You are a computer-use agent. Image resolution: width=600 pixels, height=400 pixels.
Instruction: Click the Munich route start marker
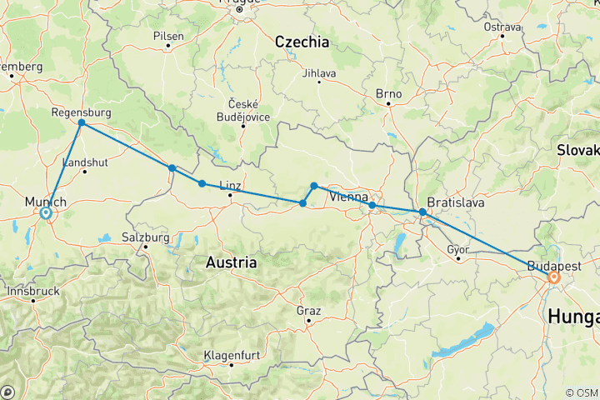click(x=46, y=213)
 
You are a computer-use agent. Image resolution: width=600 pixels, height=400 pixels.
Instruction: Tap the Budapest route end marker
click(x=553, y=277)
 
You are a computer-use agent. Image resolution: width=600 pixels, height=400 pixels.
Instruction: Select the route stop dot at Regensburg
click(x=81, y=123)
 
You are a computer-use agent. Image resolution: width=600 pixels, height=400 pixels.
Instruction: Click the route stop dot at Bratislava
click(x=422, y=212)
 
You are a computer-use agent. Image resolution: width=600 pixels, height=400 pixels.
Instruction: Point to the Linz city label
click(x=229, y=184)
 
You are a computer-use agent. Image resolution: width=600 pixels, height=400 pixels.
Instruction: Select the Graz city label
click(x=308, y=310)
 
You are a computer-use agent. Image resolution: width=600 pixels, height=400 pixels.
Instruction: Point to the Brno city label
click(x=388, y=93)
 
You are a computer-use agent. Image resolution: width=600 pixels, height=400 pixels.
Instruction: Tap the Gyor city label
click(x=458, y=248)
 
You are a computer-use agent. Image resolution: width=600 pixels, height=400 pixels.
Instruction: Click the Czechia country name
click(x=302, y=42)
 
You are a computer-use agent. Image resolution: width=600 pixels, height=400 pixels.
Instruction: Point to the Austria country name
click(x=231, y=262)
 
